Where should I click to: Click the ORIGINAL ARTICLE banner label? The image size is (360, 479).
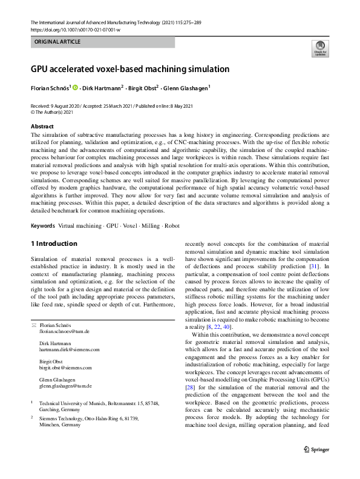point(57,42)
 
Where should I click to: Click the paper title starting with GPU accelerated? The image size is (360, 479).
point(130,69)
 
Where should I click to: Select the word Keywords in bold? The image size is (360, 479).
point(43,225)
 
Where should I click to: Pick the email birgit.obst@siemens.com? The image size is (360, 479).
point(65,368)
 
